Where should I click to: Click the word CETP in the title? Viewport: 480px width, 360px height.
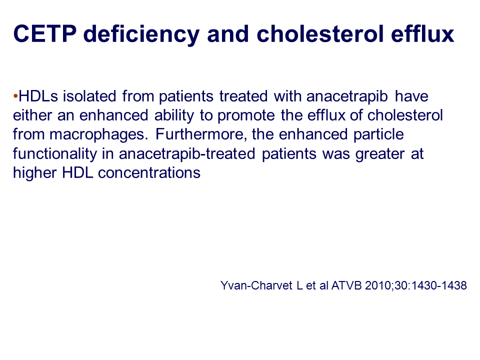pos(44,33)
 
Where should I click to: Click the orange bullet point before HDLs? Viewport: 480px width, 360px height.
pos(15,96)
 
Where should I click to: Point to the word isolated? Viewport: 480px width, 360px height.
pos(89,96)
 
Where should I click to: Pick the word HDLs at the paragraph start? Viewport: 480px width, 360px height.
pos(38,96)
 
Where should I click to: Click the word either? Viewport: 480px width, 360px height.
pos(32,115)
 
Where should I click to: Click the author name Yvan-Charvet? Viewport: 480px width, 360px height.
pos(256,285)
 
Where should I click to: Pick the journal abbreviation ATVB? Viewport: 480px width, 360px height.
pos(346,285)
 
